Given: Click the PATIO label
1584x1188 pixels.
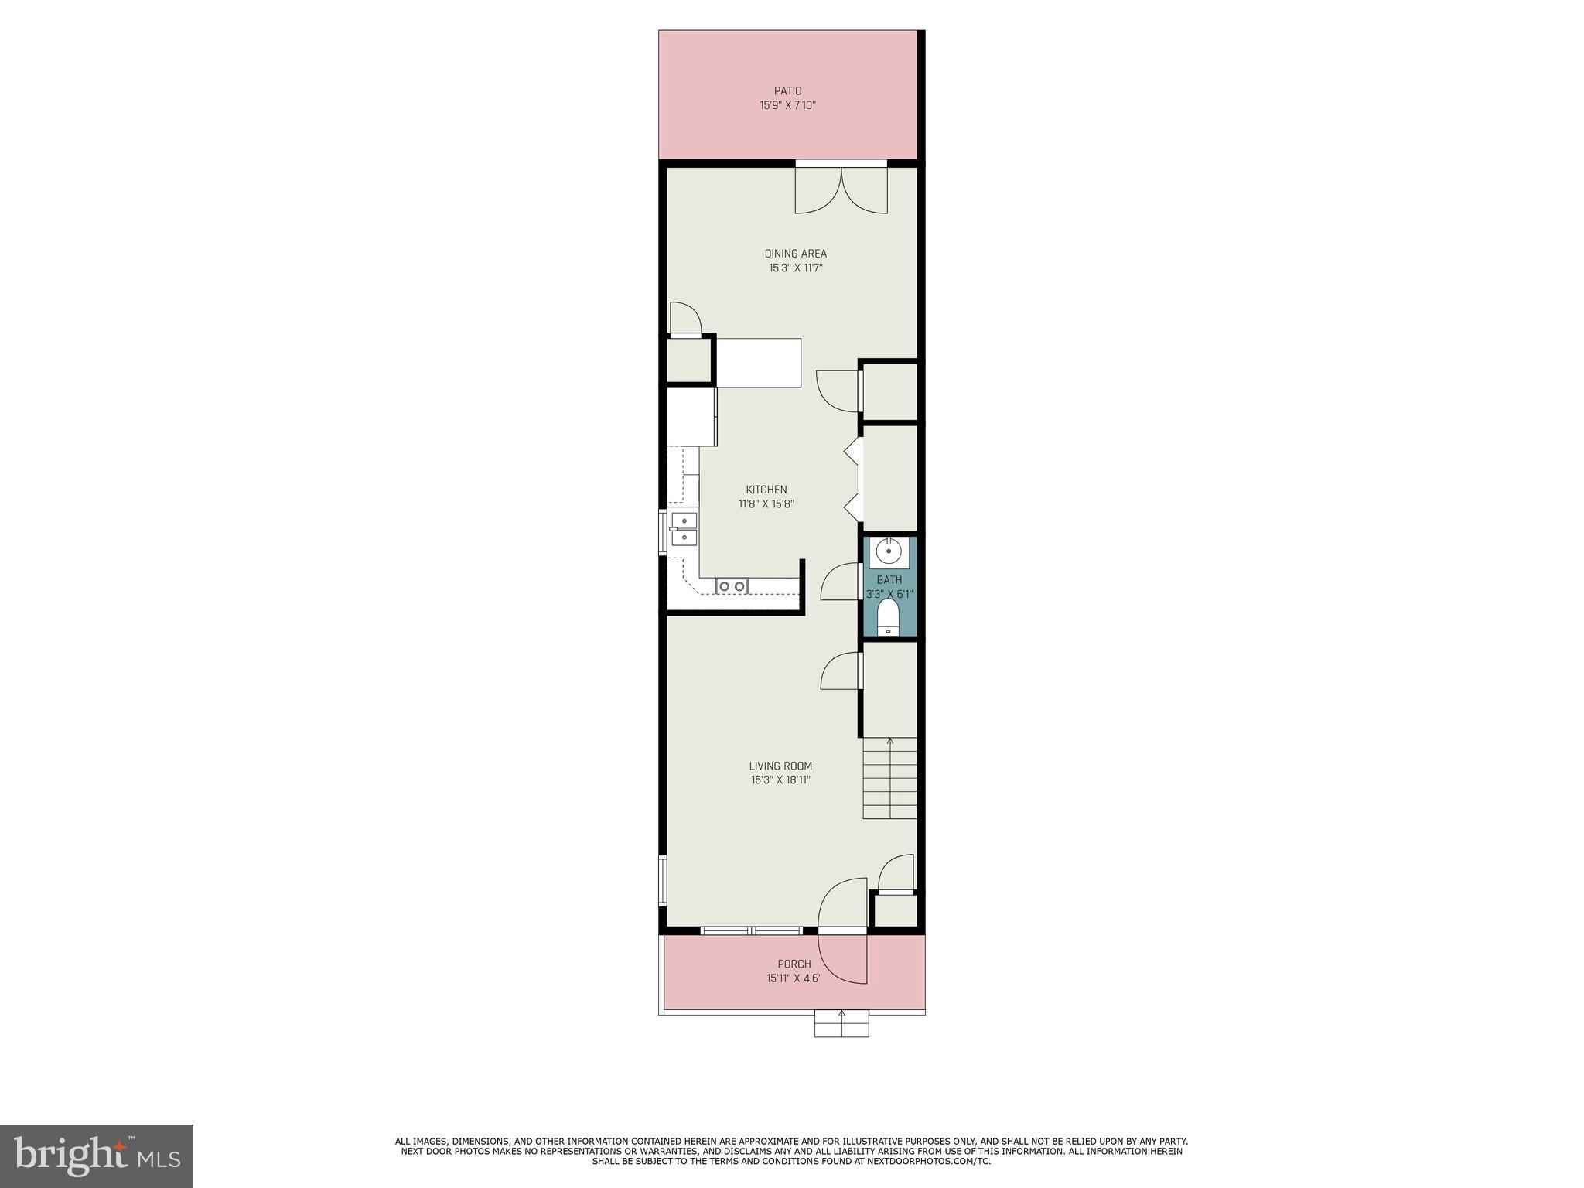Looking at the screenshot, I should pyautogui.click(x=787, y=91).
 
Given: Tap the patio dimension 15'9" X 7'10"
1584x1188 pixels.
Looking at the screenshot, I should pyautogui.click(x=787, y=105).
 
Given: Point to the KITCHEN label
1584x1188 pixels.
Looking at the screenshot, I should pyautogui.click(x=766, y=490).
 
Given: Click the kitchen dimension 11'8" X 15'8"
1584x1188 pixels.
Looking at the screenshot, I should pyautogui.click(x=766, y=504).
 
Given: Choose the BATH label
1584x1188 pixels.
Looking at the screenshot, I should pyautogui.click(x=889, y=580).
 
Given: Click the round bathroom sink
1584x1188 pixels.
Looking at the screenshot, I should pyautogui.click(x=889, y=552).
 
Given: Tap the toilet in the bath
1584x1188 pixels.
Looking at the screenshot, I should pyautogui.click(x=889, y=617).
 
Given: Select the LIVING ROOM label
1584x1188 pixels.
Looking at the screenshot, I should pyautogui.click(x=780, y=766).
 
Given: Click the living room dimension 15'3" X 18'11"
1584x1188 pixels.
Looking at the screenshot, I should pyautogui.click(x=780, y=780).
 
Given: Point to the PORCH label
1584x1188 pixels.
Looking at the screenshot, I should pyautogui.click(x=794, y=964).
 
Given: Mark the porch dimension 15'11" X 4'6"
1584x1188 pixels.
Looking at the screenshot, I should pyautogui.click(x=794, y=978).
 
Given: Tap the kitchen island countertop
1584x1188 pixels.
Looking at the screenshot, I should pyautogui.click(x=758, y=363).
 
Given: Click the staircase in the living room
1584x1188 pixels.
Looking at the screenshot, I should pyautogui.click(x=889, y=778).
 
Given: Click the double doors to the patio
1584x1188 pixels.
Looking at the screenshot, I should pyautogui.click(x=841, y=189).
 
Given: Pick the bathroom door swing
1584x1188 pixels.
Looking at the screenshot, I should pyautogui.click(x=840, y=582).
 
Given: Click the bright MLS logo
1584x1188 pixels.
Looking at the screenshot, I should pyautogui.click(x=97, y=1156).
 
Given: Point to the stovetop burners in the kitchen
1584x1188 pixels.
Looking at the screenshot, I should pyautogui.click(x=732, y=586).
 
